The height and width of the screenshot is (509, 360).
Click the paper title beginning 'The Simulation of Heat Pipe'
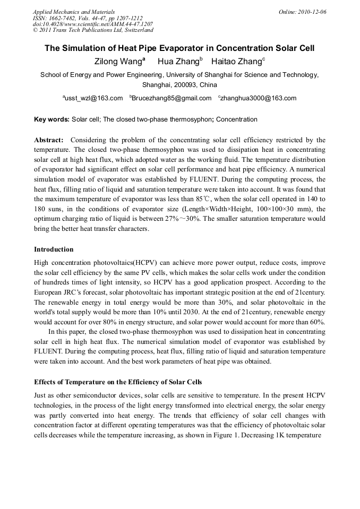pyautogui.click(x=179, y=48)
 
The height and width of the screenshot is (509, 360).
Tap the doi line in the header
pyautogui.click(x=93, y=24)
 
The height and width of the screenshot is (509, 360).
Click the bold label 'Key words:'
pyautogui.click(x=52, y=120)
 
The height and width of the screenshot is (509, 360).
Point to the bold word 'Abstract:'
pyautogui.click(x=49, y=140)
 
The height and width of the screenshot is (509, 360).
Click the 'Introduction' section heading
pyautogui.click(x=54, y=249)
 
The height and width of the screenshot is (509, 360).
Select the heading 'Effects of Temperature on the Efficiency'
pyautogui.click(x=118, y=382)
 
